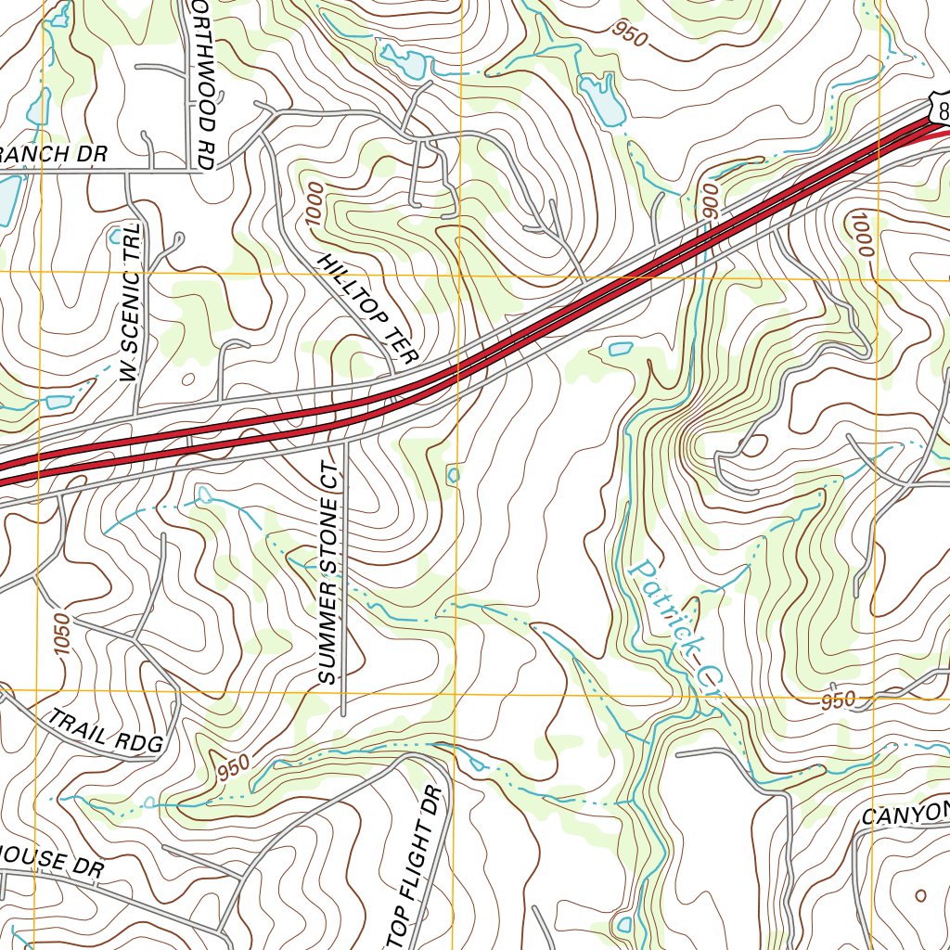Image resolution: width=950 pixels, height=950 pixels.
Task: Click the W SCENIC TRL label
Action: click(x=132, y=302)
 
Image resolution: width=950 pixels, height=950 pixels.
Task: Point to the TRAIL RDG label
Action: click(x=106, y=731)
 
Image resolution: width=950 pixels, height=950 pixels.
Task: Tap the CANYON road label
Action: click(x=905, y=815)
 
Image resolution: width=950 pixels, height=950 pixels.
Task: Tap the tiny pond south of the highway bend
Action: click(x=453, y=475)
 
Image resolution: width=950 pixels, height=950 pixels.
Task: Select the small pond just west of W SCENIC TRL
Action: click(x=58, y=402)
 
